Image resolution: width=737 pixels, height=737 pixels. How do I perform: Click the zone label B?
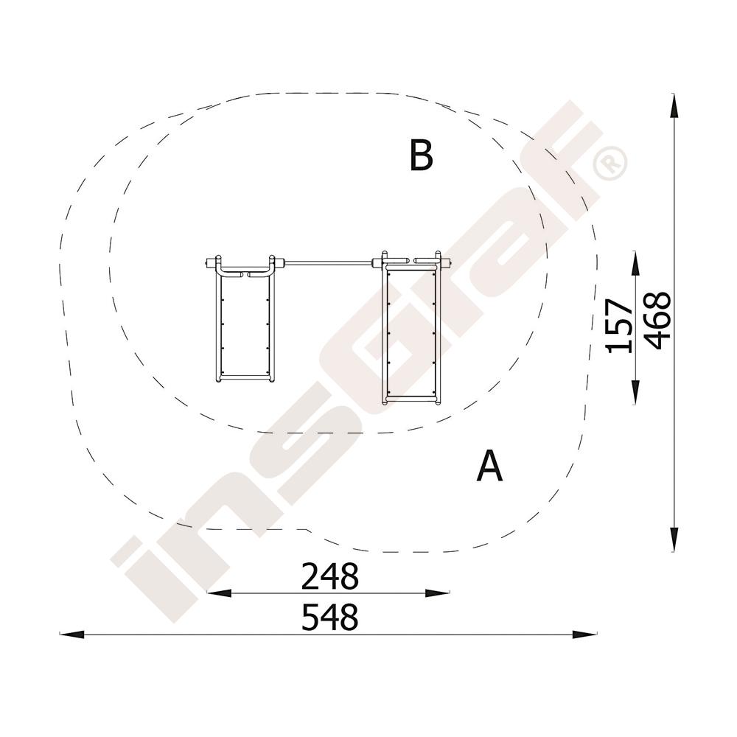pyautogui.click(x=421, y=155)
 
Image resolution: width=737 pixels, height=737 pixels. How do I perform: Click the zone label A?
pyautogui.click(x=489, y=466)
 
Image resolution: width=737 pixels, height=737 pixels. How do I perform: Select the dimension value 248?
pyautogui.click(x=330, y=576)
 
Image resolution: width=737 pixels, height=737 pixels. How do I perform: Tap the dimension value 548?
pyautogui.click(x=330, y=617)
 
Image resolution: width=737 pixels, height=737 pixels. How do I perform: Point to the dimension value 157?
pyautogui.click(x=619, y=326)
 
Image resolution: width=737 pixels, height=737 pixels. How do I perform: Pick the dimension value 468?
pyautogui.click(x=657, y=321)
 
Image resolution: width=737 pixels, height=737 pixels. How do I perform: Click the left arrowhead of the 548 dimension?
pyautogui.click(x=72, y=635)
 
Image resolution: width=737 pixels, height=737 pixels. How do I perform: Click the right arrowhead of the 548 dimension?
pyautogui.click(x=584, y=635)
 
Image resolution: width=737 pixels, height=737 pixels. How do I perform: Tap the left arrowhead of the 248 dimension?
pyautogui.click(x=219, y=593)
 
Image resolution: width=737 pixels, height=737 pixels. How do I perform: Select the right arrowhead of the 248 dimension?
pyautogui.click(x=437, y=593)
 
